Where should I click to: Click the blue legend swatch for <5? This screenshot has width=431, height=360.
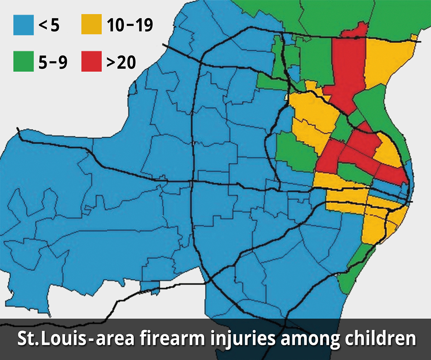[x=24, y=25]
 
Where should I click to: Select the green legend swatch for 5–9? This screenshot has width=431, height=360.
[x=24, y=61]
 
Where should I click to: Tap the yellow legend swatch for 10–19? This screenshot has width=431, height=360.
[x=91, y=25]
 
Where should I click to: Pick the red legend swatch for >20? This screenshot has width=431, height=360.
[x=91, y=61]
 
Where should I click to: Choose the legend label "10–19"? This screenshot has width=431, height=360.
[x=130, y=25]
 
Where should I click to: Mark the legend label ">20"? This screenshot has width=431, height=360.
[x=121, y=62]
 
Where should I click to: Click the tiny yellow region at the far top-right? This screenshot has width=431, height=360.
[x=414, y=37]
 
